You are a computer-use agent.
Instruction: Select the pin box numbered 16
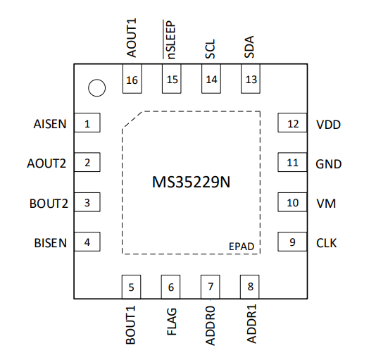[x=132, y=79]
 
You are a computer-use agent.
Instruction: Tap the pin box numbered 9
[x=292, y=242]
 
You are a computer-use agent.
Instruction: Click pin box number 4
[x=87, y=242]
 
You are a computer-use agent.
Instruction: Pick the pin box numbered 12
[x=292, y=123]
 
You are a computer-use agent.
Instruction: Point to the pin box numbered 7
[x=211, y=287]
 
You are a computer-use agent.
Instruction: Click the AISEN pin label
[x=50, y=124]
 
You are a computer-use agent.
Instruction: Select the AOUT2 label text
[x=46, y=163]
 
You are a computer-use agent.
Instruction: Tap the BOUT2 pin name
[x=49, y=204]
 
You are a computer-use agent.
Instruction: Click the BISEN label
[x=51, y=243]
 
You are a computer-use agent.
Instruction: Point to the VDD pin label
[x=329, y=125]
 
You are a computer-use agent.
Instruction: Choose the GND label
[x=329, y=164]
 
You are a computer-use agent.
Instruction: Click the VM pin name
[x=326, y=204]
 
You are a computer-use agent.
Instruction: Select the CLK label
[x=327, y=243]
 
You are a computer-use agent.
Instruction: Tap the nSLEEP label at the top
[x=170, y=39]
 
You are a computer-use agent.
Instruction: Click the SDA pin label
[x=249, y=46]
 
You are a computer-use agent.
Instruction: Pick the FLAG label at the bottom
[x=172, y=321]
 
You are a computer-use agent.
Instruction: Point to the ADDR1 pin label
[x=251, y=324]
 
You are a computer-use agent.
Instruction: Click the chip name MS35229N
[x=191, y=182]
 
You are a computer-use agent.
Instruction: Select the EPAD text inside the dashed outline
[x=242, y=247]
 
